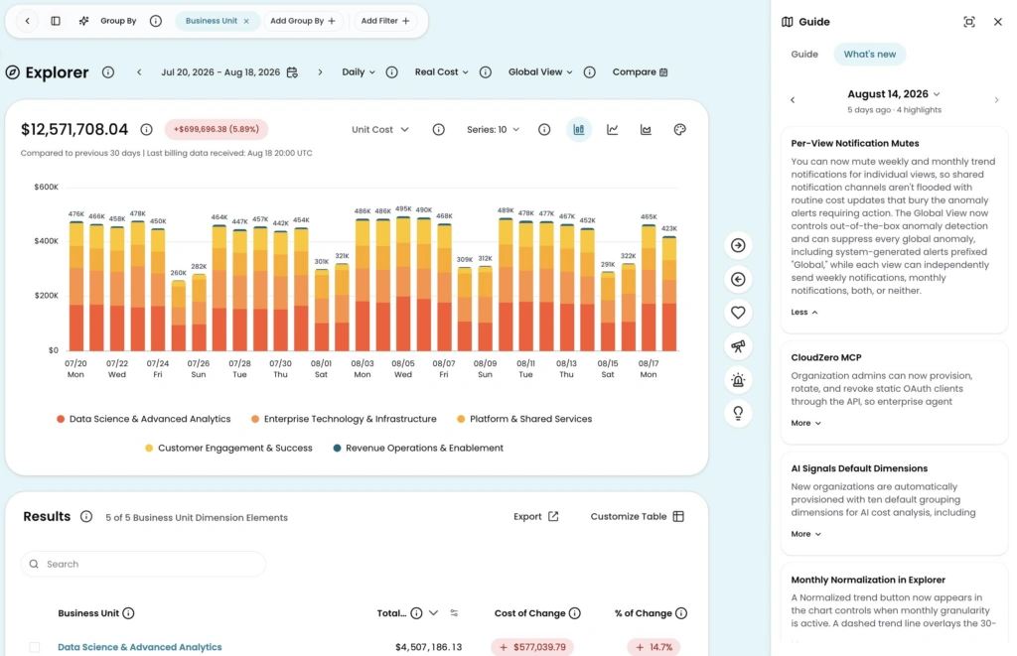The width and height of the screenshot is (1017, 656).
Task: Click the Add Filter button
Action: tap(385, 21)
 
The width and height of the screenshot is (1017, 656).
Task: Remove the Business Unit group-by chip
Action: tap(246, 21)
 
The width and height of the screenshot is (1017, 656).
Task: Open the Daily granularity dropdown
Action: tap(359, 72)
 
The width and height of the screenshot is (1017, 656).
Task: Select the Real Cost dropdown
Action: tap(441, 72)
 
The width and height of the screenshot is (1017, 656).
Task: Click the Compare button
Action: tap(640, 72)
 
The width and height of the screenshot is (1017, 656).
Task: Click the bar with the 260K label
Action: tap(179, 315)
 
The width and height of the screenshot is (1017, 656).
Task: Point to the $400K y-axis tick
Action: tap(46, 241)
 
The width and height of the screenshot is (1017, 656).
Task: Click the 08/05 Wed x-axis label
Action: tap(403, 369)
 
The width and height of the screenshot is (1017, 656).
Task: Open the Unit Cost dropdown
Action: tap(380, 130)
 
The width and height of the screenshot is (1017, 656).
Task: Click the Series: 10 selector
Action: tap(493, 130)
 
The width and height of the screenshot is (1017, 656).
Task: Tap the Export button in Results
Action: tap(535, 517)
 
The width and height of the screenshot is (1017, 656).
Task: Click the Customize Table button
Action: tap(637, 517)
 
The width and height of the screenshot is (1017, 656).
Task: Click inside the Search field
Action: tap(143, 564)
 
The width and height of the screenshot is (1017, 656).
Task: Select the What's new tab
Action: tap(870, 54)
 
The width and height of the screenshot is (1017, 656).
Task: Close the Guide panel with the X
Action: tap(997, 22)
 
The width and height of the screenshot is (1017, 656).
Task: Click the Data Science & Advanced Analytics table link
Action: tap(139, 647)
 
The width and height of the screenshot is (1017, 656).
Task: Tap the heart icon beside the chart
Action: tap(738, 313)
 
